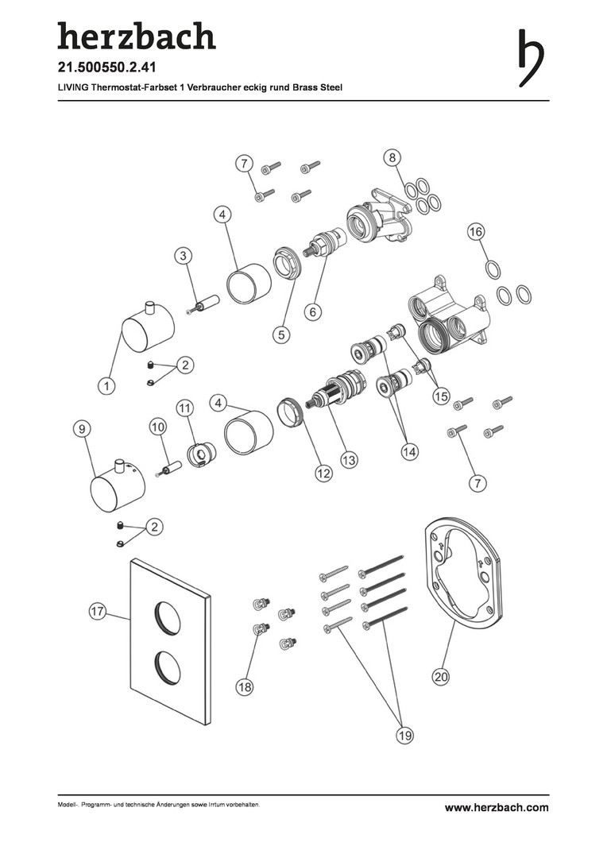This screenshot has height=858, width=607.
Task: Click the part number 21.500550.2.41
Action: click(x=107, y=68)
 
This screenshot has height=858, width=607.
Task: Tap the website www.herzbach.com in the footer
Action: click(x=497, y=808)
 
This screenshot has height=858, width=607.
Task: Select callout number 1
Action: click(x=106, y=386)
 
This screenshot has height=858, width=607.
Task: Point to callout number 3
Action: click(x=184, y=255)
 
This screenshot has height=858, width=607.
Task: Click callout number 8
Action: click(x=392, y=158)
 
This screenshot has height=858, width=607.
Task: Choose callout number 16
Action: click(x=476, y=232)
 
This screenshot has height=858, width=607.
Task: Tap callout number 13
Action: click(x=349, y=460)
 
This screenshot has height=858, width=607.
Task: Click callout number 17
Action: click(x=97, y=612)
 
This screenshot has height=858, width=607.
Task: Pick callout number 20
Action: click(x=441, y=677)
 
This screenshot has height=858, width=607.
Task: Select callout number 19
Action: click(x=404, y=736)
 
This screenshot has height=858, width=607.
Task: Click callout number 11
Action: click(x=185, y=408)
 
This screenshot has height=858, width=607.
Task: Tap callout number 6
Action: click(x=312, y=312)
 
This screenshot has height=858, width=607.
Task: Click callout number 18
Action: click(x=245, y=687)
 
